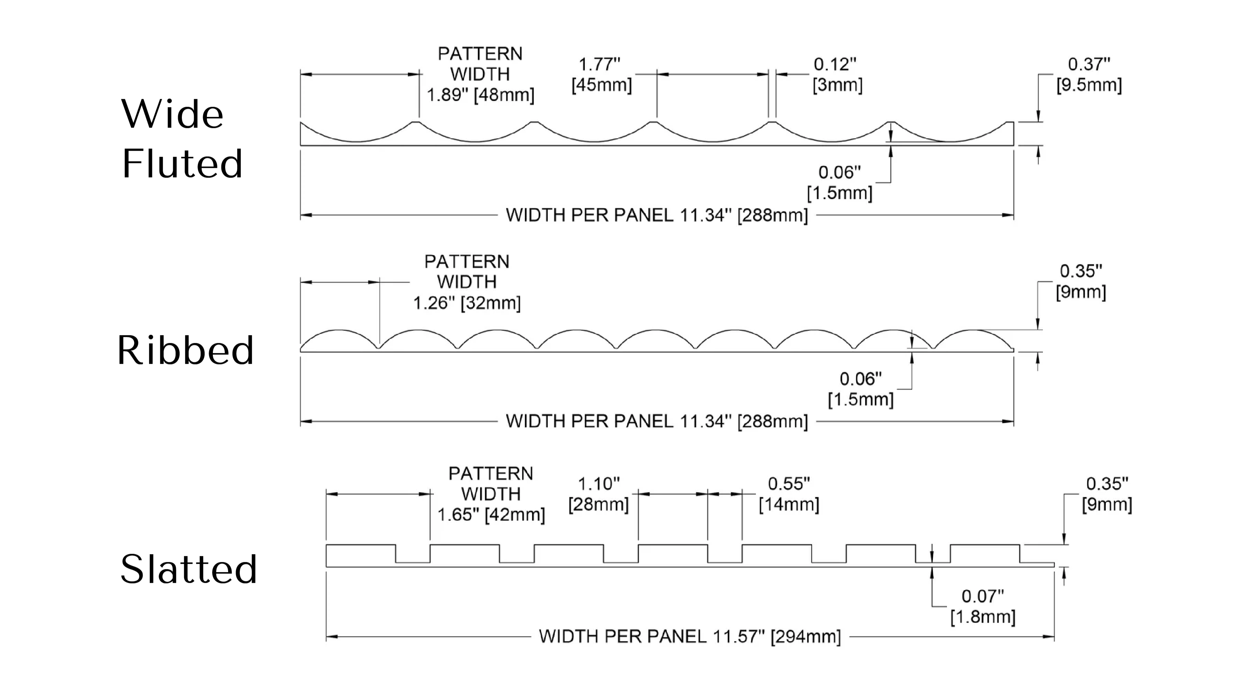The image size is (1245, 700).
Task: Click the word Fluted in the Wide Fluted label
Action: click(182, 164)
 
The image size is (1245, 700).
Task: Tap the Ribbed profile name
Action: click(186, 350)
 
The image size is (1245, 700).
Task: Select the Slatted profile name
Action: click(189, 569)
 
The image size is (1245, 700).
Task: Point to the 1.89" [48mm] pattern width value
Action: click(480, 95)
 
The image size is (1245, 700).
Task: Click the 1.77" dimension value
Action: click(599, 64)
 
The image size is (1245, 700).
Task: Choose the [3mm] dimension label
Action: click(837, 85)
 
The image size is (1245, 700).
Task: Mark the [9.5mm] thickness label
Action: click(1089, 85)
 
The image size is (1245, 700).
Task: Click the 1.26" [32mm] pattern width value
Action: click(466, 303)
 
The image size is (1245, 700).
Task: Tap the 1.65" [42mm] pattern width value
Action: click(491, 515)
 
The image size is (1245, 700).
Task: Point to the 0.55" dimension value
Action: click(789, 484)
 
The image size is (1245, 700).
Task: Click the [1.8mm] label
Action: click(982, 617)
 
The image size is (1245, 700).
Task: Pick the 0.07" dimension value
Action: click(982, 596)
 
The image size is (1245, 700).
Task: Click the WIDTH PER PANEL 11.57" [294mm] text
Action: click(690, 636)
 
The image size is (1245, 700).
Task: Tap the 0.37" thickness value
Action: click(1089, 64)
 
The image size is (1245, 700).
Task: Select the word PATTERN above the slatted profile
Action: click(491, 474)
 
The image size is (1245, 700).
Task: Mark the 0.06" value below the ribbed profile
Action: click(860, 379)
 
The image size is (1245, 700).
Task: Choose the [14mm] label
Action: click(789, 504)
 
